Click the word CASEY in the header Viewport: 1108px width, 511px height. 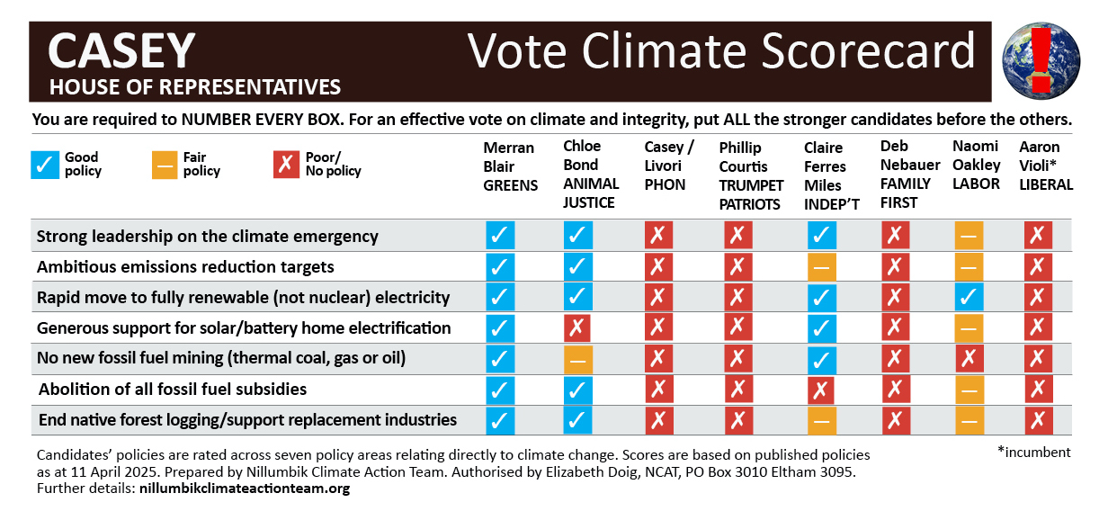click(121, 50)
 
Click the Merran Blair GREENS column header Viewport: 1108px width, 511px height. click(510, 166)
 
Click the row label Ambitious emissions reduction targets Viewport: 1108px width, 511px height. click(185, 267)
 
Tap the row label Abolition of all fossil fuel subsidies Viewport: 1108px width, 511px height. click(173, 390)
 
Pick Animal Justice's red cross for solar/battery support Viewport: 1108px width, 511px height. click(577, 328)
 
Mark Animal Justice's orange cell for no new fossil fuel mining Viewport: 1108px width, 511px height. click(577, 359)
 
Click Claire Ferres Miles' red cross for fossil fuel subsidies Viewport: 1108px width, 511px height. click(821, 390)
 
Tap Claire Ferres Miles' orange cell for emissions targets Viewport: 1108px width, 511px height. click(821, 267)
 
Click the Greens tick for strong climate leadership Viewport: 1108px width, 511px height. click(500, 237)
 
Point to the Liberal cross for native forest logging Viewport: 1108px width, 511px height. click(1039, 420)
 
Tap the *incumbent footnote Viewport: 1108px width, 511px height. click(1034, 453)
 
